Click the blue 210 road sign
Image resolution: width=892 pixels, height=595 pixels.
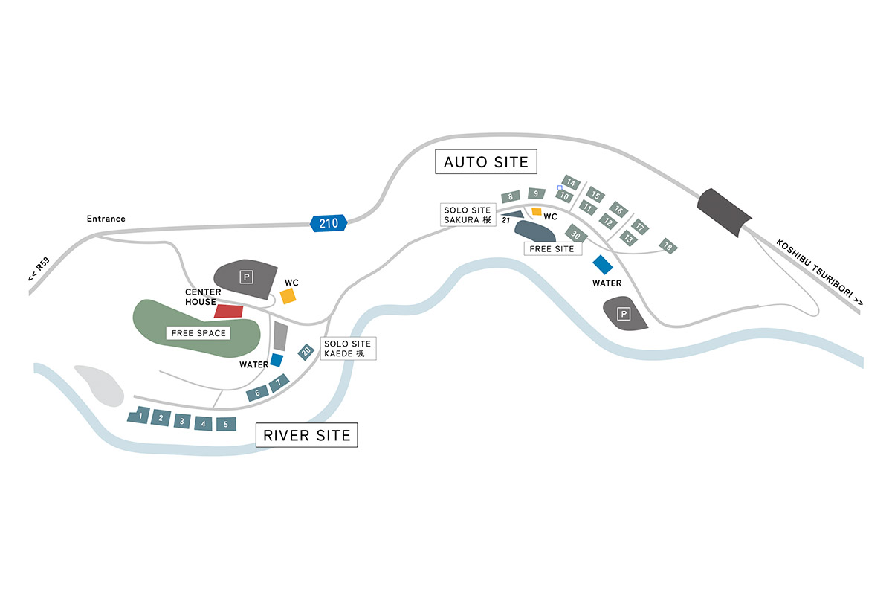[x=328, y=222]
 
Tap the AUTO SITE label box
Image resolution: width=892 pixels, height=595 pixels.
[x=485, y=162]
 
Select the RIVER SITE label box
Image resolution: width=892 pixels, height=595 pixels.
[x=306, y=435]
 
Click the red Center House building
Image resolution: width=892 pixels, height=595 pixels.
[x=229, y=311]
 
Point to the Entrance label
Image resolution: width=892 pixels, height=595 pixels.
[x=106, y=219]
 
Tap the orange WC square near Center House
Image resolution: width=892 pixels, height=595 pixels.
[x=288, y=296]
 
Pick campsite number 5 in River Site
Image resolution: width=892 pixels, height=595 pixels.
[x=226, y=424]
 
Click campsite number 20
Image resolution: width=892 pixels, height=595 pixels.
[x=306, y=351]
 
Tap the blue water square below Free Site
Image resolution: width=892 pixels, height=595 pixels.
[x=602, y=264]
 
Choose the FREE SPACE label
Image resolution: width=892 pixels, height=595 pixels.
[x=198, y=333]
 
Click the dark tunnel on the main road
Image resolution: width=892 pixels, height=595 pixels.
[x=725, y=213]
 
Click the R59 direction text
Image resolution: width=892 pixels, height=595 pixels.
[x=39, y=269]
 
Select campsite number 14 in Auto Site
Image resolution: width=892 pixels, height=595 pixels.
[x=571, y=182]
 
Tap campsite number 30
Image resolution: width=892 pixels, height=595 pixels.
[x=576, y=234]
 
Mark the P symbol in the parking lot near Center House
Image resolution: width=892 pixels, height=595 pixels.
[x=247, y=277]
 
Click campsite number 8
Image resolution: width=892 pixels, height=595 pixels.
[x=511, y=197]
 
